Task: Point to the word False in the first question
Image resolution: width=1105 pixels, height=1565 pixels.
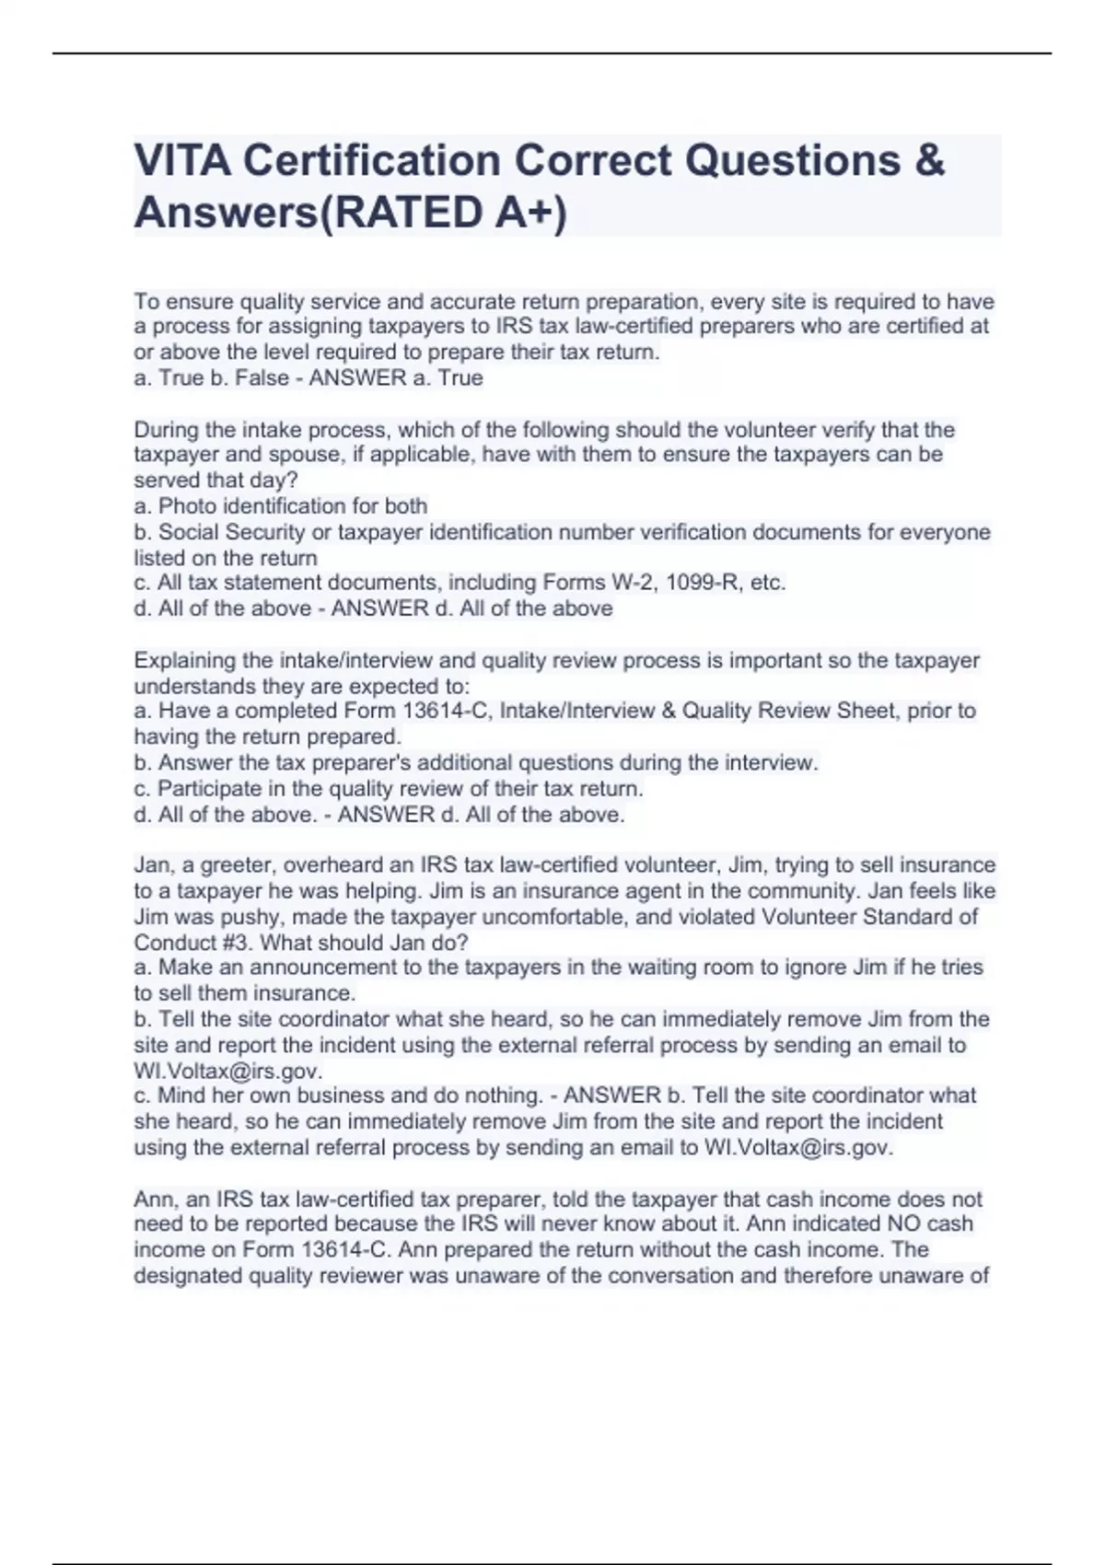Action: (x=262, y=378)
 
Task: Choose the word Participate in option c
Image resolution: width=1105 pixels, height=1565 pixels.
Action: (x=209, y=789)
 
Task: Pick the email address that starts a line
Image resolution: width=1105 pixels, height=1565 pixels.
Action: (x=227, y=1072)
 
